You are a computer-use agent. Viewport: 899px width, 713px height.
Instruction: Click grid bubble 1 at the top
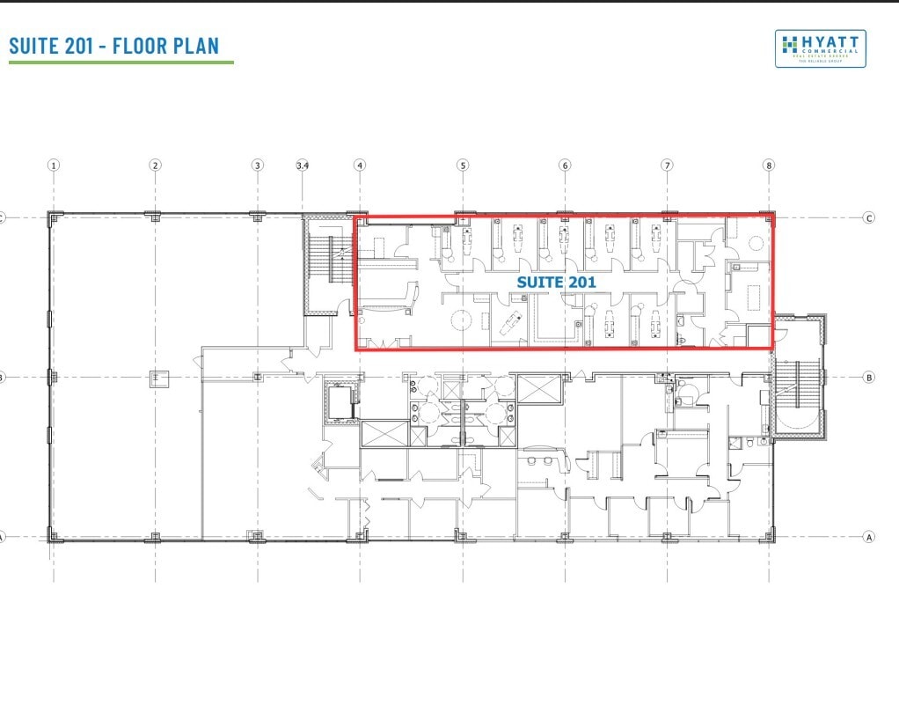54,165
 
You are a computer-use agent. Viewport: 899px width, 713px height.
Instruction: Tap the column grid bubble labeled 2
155,165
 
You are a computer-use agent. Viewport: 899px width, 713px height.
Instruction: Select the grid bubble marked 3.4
303,165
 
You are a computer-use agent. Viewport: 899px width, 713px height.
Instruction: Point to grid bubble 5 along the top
463,165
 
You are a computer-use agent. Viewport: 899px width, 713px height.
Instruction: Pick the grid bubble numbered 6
565,165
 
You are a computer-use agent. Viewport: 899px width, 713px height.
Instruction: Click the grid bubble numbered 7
668,165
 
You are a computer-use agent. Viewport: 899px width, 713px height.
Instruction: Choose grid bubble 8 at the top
769,165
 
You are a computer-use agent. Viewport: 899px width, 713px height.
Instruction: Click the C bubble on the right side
869,217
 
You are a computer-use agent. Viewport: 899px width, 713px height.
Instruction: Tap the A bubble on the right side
869,536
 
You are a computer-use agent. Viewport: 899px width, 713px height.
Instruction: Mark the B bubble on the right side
869,377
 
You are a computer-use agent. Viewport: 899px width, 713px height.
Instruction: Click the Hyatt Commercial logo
820,48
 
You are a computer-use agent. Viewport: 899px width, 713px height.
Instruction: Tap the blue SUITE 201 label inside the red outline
556,283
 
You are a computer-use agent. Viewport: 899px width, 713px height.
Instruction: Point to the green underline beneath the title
121,62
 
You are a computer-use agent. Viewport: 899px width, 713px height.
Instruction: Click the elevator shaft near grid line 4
341,401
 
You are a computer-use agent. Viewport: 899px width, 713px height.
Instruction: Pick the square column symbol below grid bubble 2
156,378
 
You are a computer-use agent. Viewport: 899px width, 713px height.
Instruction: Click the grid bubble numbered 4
360,165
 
